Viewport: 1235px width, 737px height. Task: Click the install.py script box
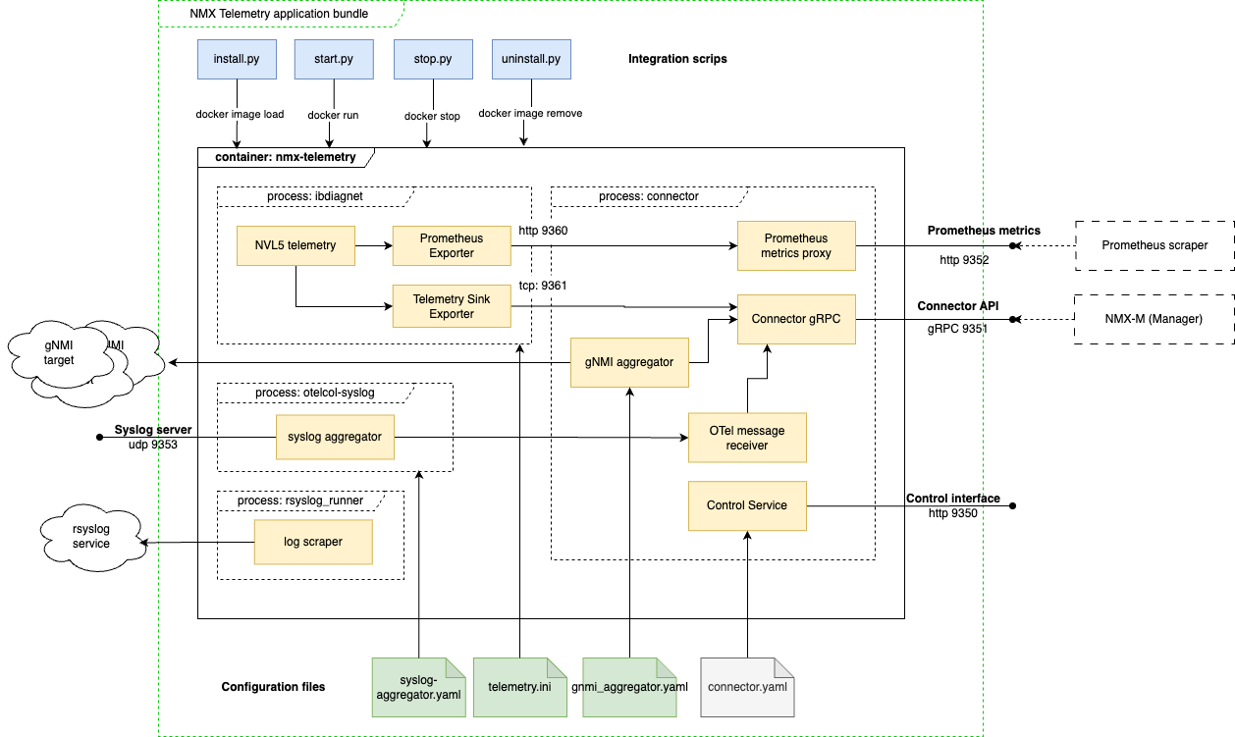point(236,59)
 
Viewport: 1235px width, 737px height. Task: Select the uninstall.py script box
point(530,59)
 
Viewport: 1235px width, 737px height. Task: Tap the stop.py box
point(432,59)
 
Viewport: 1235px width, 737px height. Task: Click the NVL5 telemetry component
point(295,245)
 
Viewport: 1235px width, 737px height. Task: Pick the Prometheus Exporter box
point(452,245)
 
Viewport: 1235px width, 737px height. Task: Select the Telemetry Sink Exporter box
point(452,306)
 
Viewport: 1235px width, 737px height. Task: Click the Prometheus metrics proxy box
point(795,245)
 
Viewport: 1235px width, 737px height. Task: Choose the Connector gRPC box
point(795,319)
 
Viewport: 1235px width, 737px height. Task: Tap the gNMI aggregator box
point(629,362)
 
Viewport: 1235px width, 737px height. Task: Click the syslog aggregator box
point(335,436)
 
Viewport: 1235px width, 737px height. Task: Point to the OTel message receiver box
point(747,438)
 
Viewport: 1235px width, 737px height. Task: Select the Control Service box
point(747,505)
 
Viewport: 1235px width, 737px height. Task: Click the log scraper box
point(313,542)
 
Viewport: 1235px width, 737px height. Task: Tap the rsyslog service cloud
point(91,536)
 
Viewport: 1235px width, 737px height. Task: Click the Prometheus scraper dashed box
point(1154,245)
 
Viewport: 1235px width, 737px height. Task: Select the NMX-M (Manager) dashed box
point(1154,319)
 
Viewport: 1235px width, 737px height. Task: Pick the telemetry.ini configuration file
point(519,686)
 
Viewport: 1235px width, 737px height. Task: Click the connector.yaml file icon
point(746,686)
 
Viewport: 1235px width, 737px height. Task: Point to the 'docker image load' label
point(240,115)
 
